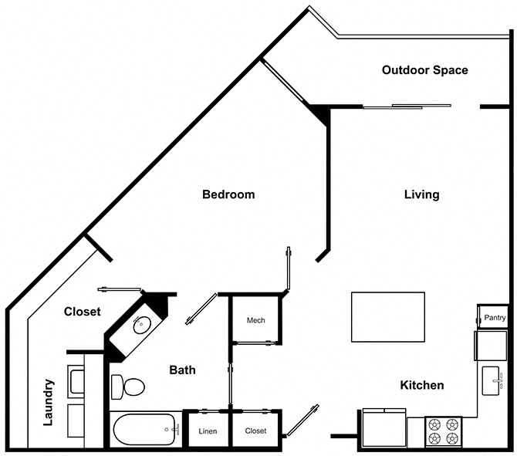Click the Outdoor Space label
click(424, 70)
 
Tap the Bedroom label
click(228, 194)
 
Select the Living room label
click(422, 194)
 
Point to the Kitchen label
click(422, 385)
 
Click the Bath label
click(182, 370)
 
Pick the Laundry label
click(48, 403)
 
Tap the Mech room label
click(256, 320)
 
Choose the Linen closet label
click(208, 431)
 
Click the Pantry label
click(495, 318)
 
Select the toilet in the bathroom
click(128, 387)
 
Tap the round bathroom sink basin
click(143, 325)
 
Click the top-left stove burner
click(434, 424)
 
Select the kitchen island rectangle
click(387, 317)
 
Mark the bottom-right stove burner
click(452, 438)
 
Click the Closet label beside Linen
click(255, 431)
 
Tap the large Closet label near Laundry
click(82, 312)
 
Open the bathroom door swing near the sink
click(201, 309)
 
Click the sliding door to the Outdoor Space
click(407, 106)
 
